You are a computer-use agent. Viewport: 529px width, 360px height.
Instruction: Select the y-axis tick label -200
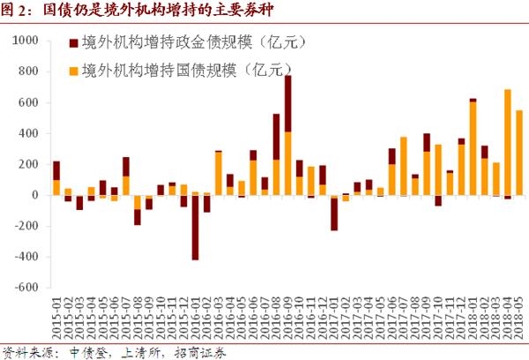[x=25, y=227]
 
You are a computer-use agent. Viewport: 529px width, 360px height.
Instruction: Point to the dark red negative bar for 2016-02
[x=195, y=228]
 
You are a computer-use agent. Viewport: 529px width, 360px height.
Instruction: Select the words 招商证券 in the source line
[x=203, y=352]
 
